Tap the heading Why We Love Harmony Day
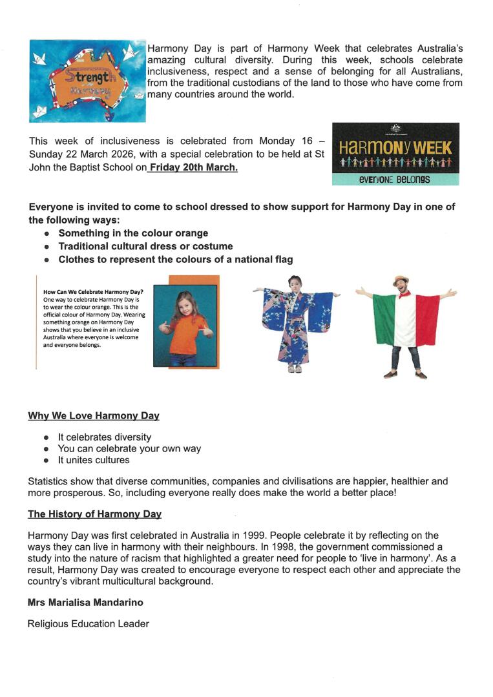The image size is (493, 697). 94,416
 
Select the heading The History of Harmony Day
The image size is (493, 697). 94,514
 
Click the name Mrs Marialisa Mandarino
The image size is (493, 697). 85,602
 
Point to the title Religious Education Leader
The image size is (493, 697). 88,624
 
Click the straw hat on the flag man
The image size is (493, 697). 401,280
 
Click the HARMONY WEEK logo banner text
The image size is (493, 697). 395,147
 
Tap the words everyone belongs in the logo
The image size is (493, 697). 395,179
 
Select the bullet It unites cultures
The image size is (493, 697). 94,460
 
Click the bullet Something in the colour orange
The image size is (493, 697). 133,233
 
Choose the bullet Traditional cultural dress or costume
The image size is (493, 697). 145,246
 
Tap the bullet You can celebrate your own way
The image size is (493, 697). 129,448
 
